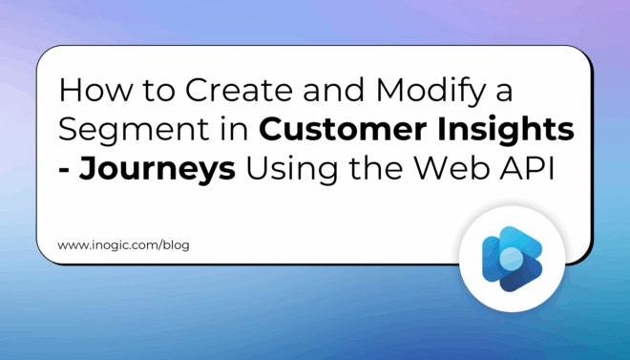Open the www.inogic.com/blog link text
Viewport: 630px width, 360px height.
(123, 245)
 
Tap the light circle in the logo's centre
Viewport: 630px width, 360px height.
(513, 255)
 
